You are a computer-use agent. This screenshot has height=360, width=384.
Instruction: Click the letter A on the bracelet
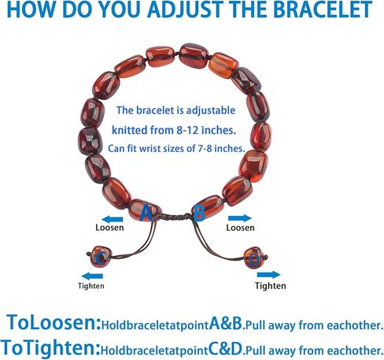point(146,213)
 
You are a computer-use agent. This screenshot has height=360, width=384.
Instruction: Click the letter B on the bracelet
point(199,213)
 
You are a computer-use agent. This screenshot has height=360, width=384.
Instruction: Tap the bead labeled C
point(101,257)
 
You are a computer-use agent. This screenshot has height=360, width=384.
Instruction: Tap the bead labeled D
point(254,258)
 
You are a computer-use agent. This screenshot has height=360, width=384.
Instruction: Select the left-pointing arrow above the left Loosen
point(113,219)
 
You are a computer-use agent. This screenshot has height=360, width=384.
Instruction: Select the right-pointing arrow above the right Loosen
point(240,218)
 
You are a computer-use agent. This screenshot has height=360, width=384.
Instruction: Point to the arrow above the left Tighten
point(92,276)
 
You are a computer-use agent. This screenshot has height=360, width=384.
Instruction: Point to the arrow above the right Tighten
point(268,275)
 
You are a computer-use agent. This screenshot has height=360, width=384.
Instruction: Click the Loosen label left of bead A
point(109,228)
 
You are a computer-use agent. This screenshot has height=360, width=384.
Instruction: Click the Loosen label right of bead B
point(240,228)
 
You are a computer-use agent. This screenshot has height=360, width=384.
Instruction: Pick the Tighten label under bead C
point(91,286)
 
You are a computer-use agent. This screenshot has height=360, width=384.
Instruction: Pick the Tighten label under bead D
point(271,286)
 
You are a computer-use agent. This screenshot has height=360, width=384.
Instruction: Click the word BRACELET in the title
point(323,9)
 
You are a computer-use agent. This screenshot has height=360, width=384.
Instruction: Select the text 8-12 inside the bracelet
point(187,130)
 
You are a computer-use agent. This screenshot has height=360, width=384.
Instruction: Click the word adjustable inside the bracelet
point(211,110)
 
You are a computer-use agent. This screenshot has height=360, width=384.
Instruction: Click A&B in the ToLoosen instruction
point(226,323)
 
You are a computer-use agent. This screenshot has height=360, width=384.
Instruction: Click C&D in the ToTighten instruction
point(225,349)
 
